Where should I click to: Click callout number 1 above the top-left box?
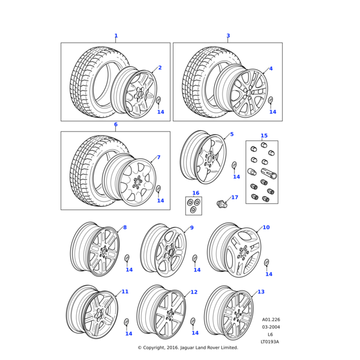(x=116, y=36)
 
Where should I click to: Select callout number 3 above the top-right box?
(x=228, y=36)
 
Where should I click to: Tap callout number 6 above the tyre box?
(x=116, y=125)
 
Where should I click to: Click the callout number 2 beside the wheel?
(x=160, y=68)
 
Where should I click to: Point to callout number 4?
(x=271, y=68)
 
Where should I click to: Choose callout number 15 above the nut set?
(x=264, y=136)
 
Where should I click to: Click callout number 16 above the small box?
(x=196, y=193)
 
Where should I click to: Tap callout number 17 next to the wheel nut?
(x=235, y=197)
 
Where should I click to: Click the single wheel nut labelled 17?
(x=223, y=204)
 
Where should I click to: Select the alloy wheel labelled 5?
(x=204, y=158)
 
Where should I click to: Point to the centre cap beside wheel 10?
(x=267, y=263)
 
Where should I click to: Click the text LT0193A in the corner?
(x=270, y=342)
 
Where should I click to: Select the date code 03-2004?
(x=271, y=326)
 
